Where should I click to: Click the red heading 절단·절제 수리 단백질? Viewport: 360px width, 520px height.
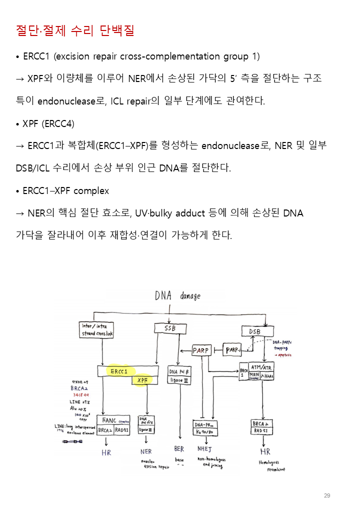click(x=75, y=30)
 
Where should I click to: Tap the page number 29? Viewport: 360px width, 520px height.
click(x=327, y=495)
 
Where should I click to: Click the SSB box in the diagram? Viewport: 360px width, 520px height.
click(x=170, y=328)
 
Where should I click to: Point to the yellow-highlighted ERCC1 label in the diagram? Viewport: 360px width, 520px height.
click(x=119, y=371)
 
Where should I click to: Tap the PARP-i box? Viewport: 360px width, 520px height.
click(x=233, y=350)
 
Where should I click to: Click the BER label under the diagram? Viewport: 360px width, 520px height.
click(x=179, y=449)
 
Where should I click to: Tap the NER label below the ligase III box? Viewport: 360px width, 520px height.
click(x=146, y=451)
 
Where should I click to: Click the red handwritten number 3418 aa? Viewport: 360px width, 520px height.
click(x=81, y=395)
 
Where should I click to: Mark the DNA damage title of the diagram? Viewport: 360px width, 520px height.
click(x=177, y=295)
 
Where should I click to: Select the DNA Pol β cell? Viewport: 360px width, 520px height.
click(x=179, y=372)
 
